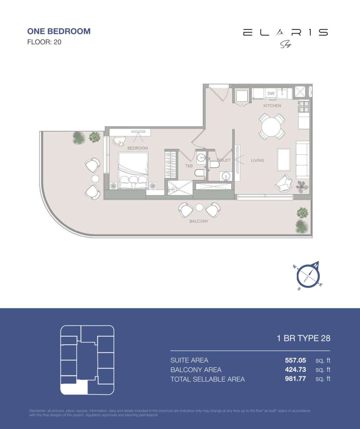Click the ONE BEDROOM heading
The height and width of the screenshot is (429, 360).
pos(59,31)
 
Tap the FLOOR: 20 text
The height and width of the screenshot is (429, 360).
pos(44,42)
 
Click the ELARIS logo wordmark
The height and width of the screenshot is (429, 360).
pos(285,33)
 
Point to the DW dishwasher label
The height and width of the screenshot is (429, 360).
pos(271,94)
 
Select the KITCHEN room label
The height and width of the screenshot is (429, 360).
pos(272,106)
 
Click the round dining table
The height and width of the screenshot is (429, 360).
pos(272,126)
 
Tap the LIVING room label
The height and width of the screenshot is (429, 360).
pos(257,161)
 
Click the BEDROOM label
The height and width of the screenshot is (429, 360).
pos(137,148)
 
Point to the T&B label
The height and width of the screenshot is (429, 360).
pos(189,166)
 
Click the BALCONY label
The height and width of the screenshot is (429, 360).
pos(199,221)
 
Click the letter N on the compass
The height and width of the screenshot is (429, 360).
pos(316,266)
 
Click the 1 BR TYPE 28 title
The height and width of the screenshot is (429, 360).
pos(304,338)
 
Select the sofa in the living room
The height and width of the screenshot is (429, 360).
pos(302,159)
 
